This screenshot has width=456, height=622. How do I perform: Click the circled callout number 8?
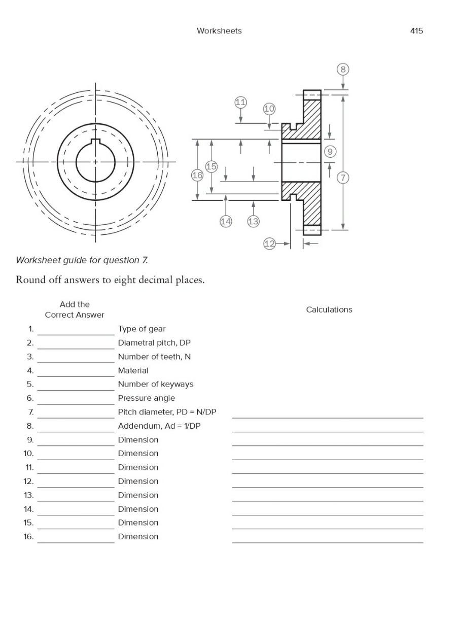pos(343,70)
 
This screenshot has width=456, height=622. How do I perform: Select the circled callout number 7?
pos(343,178)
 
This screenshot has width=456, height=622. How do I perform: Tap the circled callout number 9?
pos(330,151)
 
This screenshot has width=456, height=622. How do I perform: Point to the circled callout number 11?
pos(240,102)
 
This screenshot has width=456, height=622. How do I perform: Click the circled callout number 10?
pos(269,109)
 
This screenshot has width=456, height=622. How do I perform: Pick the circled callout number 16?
pos(197,175)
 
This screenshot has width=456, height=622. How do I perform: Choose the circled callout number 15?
pos(212,166)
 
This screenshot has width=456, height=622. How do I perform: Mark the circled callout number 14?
pos(226,221)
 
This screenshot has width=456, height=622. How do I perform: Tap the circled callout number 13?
pos(253,221)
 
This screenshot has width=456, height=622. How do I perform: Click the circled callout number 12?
pos(269,244)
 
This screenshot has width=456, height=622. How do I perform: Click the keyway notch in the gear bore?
pos(95,142)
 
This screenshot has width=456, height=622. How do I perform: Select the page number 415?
pos(416,31)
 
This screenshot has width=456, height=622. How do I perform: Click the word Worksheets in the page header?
pos(219,31)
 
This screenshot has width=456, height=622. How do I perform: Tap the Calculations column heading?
pos(329,309)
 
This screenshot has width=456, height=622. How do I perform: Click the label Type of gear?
pos(142,329)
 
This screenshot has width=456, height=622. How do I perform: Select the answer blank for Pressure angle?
pos(76,399)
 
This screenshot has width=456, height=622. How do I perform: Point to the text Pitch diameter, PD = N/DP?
pos(167,412)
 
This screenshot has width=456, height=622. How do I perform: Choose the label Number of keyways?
pos(155,384)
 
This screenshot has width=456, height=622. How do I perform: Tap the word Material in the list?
pos(133,370)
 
